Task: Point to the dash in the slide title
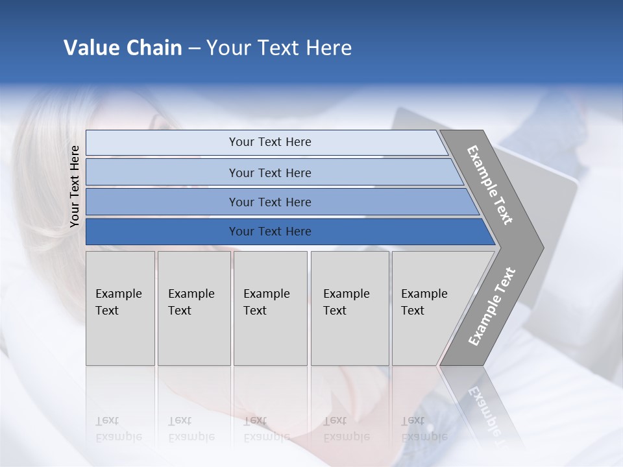pyautogui.click(x=194, y=49)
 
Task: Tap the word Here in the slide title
pyautogui.click(x=328, y=48)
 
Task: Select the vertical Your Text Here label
pyautogui.click(x=75, y=186)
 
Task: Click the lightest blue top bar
pyautogui.click(x=269, y=142)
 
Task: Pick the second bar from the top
pyautogui.click(x=269, y=173)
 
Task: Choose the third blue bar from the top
pyautogui.click(x=269, y=202)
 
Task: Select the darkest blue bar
pyautogui.click(x=269, y=232)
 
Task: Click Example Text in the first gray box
pyautogui.click(x=118, y=302)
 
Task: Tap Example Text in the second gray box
pyautogui.click(x=191, y=302)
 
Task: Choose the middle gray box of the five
pyautogui.click(x=270, y=307)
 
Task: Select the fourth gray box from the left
pyautogui.click(x=349, y=307)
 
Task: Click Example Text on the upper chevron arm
pyautogui.click(x=490, y=185)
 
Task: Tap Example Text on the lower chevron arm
pyautogui.click(x=491, y=306)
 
